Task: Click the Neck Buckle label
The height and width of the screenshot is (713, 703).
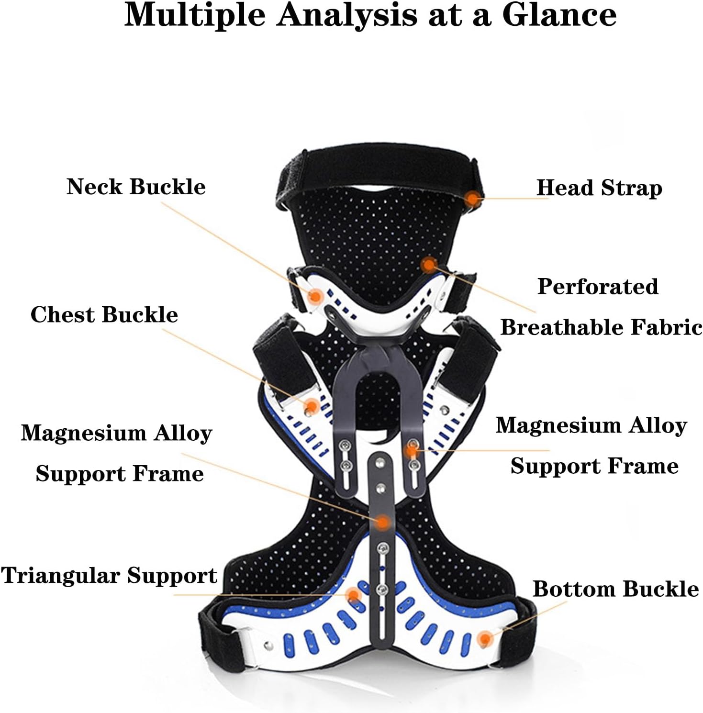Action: point(136,186)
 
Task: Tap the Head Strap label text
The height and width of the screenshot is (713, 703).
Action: point(599,188)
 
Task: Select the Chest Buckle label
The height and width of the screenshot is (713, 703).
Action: point(104,314)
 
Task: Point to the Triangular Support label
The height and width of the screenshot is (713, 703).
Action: point(109,576)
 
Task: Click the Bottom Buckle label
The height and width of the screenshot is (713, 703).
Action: point(615,589)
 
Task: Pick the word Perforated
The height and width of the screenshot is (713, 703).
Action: point(598,287)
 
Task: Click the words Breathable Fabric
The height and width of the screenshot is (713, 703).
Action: point(601,327)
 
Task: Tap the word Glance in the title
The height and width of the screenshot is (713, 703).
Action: point(559,15)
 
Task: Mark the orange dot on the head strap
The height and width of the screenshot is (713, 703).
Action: point(473,198)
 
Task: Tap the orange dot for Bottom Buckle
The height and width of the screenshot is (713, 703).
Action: point(485,638)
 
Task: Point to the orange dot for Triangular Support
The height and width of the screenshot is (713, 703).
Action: point(353,595)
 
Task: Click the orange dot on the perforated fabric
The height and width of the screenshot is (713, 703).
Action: point(429,264)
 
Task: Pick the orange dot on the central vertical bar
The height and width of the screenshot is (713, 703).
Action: point(382,522)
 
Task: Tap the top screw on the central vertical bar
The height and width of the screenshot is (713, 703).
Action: point(379,463)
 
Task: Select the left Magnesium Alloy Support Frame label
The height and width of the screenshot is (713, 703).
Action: point(116,453)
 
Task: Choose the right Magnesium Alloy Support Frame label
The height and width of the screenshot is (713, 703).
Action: point(591,446)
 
